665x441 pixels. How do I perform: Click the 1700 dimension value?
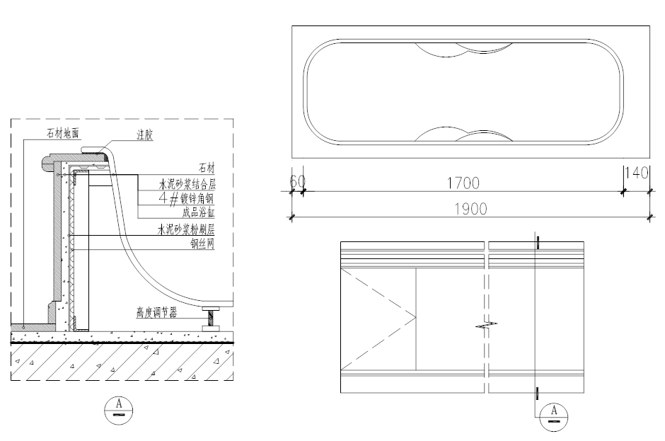pos(463,183)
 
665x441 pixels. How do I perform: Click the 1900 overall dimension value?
pos(470,209)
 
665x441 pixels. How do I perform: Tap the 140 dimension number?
pos(637,172)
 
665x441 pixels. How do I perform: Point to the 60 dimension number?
pos(297,181)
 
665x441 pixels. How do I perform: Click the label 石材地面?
pos(63,133)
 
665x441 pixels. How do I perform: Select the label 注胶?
pos(144,135)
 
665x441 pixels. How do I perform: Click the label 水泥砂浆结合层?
pos(187,184)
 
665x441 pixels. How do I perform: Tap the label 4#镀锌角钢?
pos(186,198)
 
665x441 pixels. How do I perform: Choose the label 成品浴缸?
pos(199,212)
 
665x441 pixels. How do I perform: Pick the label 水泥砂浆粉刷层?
pos(186,229)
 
